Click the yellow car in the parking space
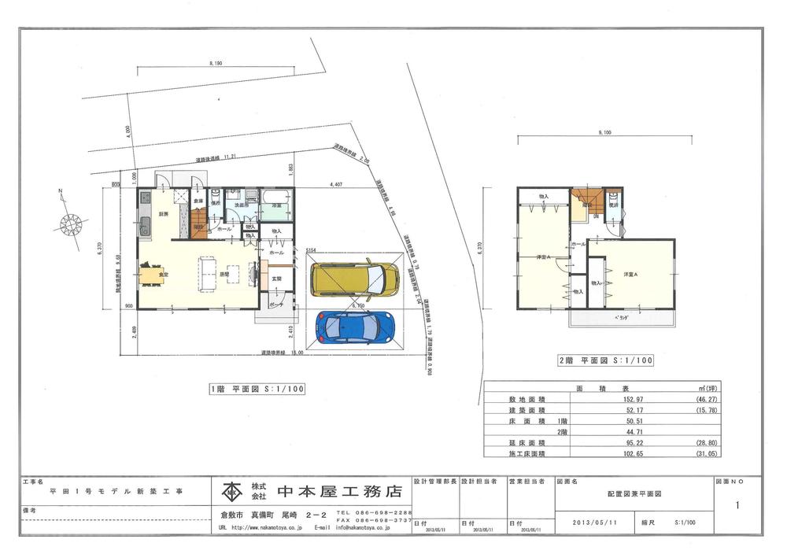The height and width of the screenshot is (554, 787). (354, 278)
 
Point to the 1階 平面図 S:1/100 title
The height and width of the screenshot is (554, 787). (257, 389)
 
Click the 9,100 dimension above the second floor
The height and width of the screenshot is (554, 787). (604, 132)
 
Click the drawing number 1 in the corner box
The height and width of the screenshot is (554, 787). (737, 506)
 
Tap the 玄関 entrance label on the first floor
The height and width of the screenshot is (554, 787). (277, 279)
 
